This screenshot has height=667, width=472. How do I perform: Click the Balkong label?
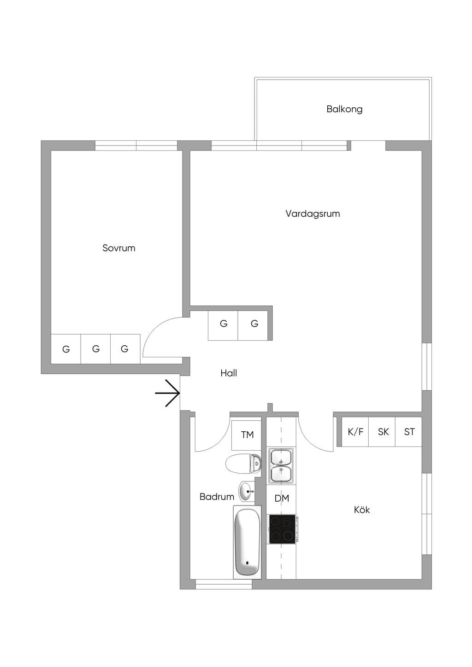(x=344, y=109)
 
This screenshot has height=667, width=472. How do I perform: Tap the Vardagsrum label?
(x=313, y=214)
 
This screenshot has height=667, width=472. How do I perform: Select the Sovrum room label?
(x=118, y=248)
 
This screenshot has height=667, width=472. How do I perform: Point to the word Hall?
(x=229, y=373)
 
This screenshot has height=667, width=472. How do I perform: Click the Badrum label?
(x=217, y=496)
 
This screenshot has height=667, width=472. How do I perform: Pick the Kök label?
(x=362, y=510)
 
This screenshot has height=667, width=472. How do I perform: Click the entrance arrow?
(x=167, y=393)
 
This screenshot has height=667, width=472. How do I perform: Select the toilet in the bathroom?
(x=243, y=464)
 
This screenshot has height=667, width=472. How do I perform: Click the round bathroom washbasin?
(x=246, y=492)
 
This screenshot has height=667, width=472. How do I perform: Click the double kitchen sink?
(x=281, y=465)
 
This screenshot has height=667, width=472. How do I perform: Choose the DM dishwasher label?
(x=282, y=498)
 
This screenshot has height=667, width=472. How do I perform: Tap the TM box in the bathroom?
(x=247, y=435)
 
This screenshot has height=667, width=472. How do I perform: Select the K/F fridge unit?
(x=355, y=431)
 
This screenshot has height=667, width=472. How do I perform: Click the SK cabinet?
(x=382, y=431)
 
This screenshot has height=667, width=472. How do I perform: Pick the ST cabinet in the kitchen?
(x=408, y=431)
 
